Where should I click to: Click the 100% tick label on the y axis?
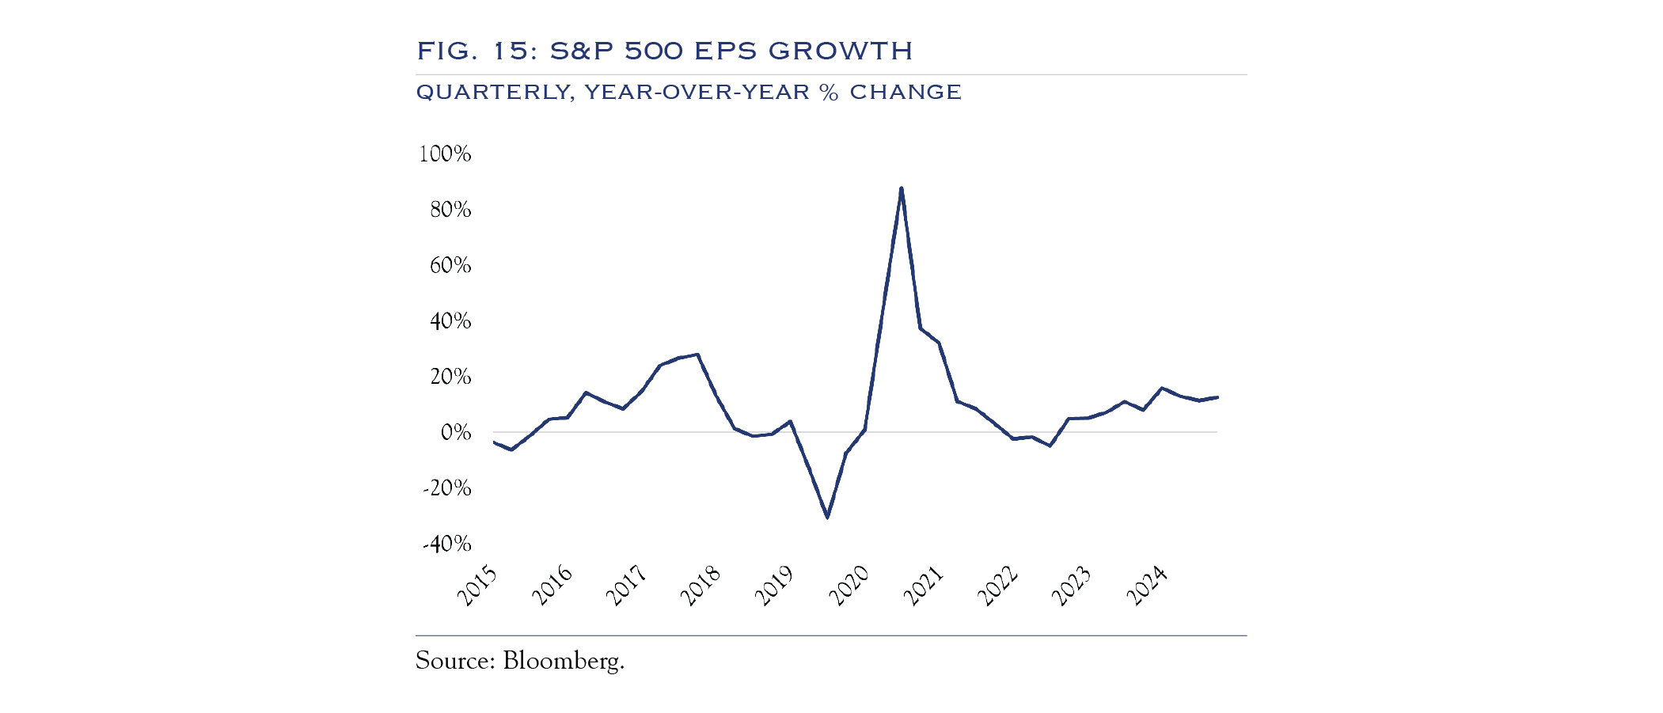point(445,154)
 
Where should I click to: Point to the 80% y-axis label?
point(450,210)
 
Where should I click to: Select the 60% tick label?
point(450,265)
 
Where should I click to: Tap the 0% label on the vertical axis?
point(455,432)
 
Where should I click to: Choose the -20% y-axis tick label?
point(447,488)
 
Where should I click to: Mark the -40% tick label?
point(447,544)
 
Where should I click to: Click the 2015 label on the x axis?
point(478,586)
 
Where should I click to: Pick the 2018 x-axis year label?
point(701,586)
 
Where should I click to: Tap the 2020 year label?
point(849,586)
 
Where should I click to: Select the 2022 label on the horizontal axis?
point(998,586)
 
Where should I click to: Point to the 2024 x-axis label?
point(1147,586)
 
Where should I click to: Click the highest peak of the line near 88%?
point(902,188)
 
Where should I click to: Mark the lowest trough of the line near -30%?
point(827,518)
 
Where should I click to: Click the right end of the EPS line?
point(1217,397)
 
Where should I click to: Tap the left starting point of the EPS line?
point(494,442)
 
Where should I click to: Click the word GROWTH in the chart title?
point(840,51)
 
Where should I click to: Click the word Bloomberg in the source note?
point(564,661)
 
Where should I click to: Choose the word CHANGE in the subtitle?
point(906,93)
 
